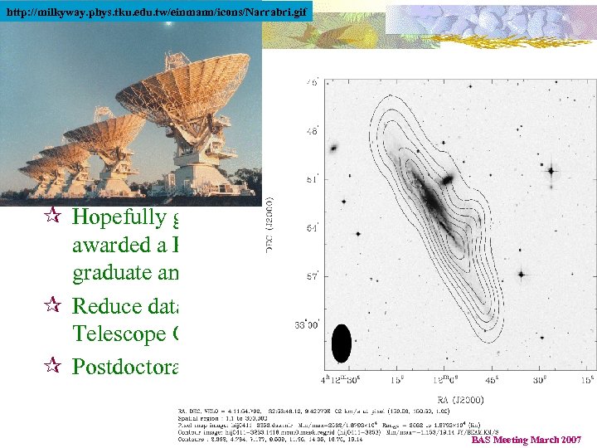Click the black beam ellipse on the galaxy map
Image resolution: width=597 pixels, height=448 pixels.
click(341, 343)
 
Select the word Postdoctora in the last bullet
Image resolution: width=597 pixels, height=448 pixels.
click(126, 366)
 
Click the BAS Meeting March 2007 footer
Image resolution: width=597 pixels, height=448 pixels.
click(527, 440)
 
